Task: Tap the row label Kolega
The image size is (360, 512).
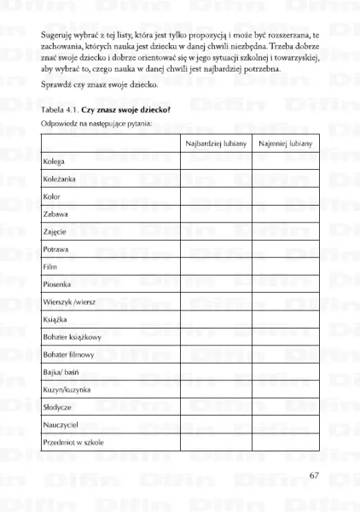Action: (55, 160)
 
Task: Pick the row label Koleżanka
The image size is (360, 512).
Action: (60, 178)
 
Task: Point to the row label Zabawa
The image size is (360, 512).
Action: (55, 213)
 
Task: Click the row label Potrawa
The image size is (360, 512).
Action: (56, 248)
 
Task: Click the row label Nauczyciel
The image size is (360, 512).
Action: (61, 425)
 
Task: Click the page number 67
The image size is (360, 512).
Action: (314, 474)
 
